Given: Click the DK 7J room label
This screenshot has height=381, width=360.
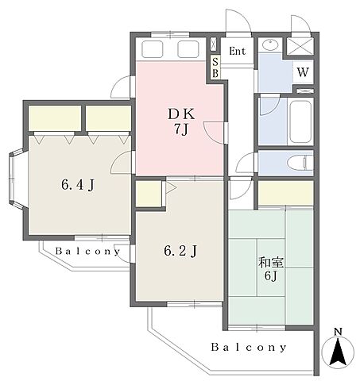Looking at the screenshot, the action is tap(182, 121).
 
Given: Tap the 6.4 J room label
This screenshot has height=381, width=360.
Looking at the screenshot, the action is tap(78, 185).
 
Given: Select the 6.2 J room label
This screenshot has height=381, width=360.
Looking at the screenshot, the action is tap(180, 251).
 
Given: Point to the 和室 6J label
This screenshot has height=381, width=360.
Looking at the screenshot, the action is tap(271, 268).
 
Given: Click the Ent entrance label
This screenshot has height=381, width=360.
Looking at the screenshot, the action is tap(237, 51).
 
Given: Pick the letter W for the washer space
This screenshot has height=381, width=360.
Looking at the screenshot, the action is tap(303, 72).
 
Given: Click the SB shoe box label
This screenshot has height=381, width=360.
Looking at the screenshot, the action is tap(215, 67).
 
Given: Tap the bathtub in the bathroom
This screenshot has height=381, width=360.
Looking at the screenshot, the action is tap(300, 121).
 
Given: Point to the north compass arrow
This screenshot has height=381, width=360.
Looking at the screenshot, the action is tap(338, 352).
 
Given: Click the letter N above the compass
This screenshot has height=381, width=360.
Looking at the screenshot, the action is tap(338, 332).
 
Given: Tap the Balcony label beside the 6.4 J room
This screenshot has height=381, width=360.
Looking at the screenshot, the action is tap(87, 251).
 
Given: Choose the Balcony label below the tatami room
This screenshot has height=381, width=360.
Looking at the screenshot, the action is tap(249, 347).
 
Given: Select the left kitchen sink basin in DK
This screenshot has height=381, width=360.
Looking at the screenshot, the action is tap(153, 49).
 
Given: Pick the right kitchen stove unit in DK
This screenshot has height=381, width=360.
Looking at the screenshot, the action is tap(188, 49).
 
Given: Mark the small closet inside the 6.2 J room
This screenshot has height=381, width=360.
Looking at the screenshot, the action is tap(149, 194).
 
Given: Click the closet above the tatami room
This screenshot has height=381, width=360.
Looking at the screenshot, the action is tap(286, 194).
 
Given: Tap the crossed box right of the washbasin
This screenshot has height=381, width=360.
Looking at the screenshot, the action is tap(300, 47).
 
